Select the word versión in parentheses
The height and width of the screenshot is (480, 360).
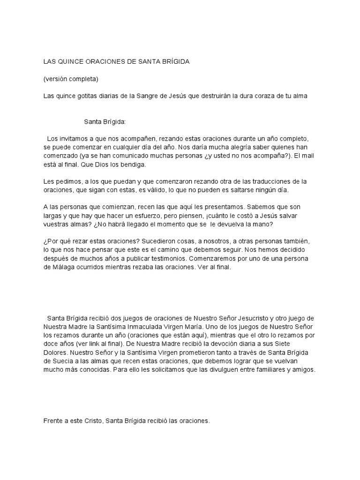point(58,79)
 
